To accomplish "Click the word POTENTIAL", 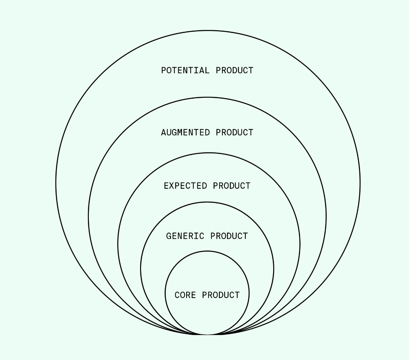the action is [x=185, y=70].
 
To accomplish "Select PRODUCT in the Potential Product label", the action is [x=235, y=70].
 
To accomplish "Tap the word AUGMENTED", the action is [x=185, y=132].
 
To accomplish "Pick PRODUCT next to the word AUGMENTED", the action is [x=235, y=132].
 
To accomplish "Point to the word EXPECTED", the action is [x=185, y=186].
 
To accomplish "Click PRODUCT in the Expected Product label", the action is [x=232, y=186].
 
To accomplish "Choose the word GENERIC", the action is [x=185, y=236].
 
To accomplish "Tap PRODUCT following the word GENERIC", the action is [x=229, y=236].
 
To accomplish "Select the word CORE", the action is [x=185, y=295].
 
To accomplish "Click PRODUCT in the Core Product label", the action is [x=221, y=295].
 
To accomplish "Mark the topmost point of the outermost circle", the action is [x=208, y=31].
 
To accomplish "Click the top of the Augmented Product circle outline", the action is [x=207, y=97].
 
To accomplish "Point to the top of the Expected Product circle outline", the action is [x=208, y=153].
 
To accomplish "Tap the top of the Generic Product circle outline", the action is [x=207, y=202].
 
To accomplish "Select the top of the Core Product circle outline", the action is [x=207, y=251].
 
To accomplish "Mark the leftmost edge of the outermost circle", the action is [x=56, y=183].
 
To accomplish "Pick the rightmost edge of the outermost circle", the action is [x=360, y=183].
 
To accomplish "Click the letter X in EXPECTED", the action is [x=172, y=186].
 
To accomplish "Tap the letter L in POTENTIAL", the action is [x=207, y=70].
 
